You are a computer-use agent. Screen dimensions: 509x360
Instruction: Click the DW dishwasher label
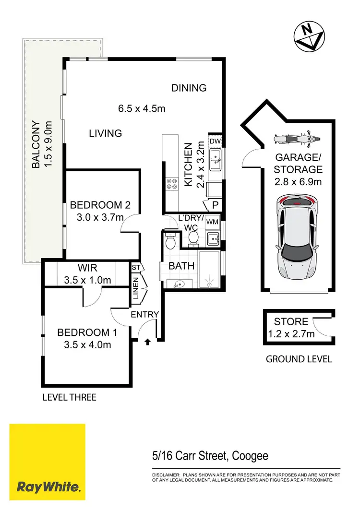[x=215, y=142]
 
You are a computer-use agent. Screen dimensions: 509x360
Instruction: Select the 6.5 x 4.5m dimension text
[x=142, y=108]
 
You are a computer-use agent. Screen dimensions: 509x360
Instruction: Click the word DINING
[x=189, y=88]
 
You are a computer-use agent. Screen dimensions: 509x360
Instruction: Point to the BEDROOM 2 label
[x=100, y=205]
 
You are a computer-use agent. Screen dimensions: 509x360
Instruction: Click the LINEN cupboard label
[x=136, y=288]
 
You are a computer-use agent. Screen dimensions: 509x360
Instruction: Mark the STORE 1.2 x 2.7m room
[x=295, y=328]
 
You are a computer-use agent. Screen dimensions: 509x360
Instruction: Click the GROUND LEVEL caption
[x=299, y=359]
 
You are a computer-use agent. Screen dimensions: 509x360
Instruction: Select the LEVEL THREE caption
[x=70, y=397]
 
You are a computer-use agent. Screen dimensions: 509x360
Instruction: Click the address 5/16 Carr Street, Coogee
[x=207, y=456]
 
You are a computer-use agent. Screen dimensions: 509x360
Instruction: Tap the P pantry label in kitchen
[x=214, y=205]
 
